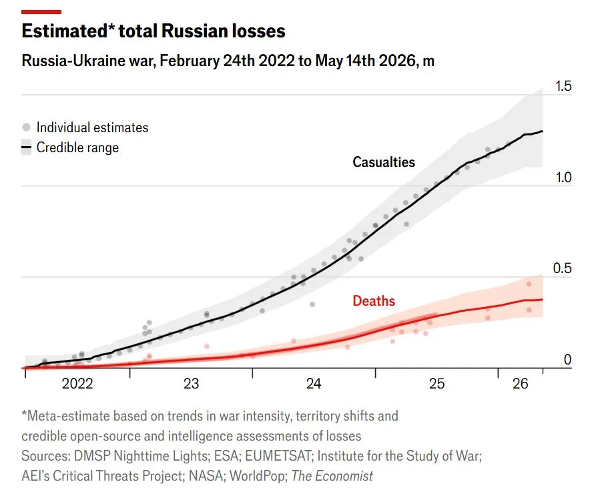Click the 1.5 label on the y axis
563,86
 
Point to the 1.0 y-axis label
563,178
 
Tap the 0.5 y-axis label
563,268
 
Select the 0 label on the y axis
567,360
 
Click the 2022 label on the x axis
77,384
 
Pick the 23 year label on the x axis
191,384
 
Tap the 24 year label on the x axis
314,384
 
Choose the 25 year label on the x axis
436,384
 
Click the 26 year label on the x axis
520,384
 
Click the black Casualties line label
384,162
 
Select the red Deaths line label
374,301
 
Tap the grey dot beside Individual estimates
27,128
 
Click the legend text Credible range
77,148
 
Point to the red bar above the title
41,12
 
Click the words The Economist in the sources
332,476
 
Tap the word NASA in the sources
207,476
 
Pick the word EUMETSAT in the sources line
278,456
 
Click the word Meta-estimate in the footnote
69,416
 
